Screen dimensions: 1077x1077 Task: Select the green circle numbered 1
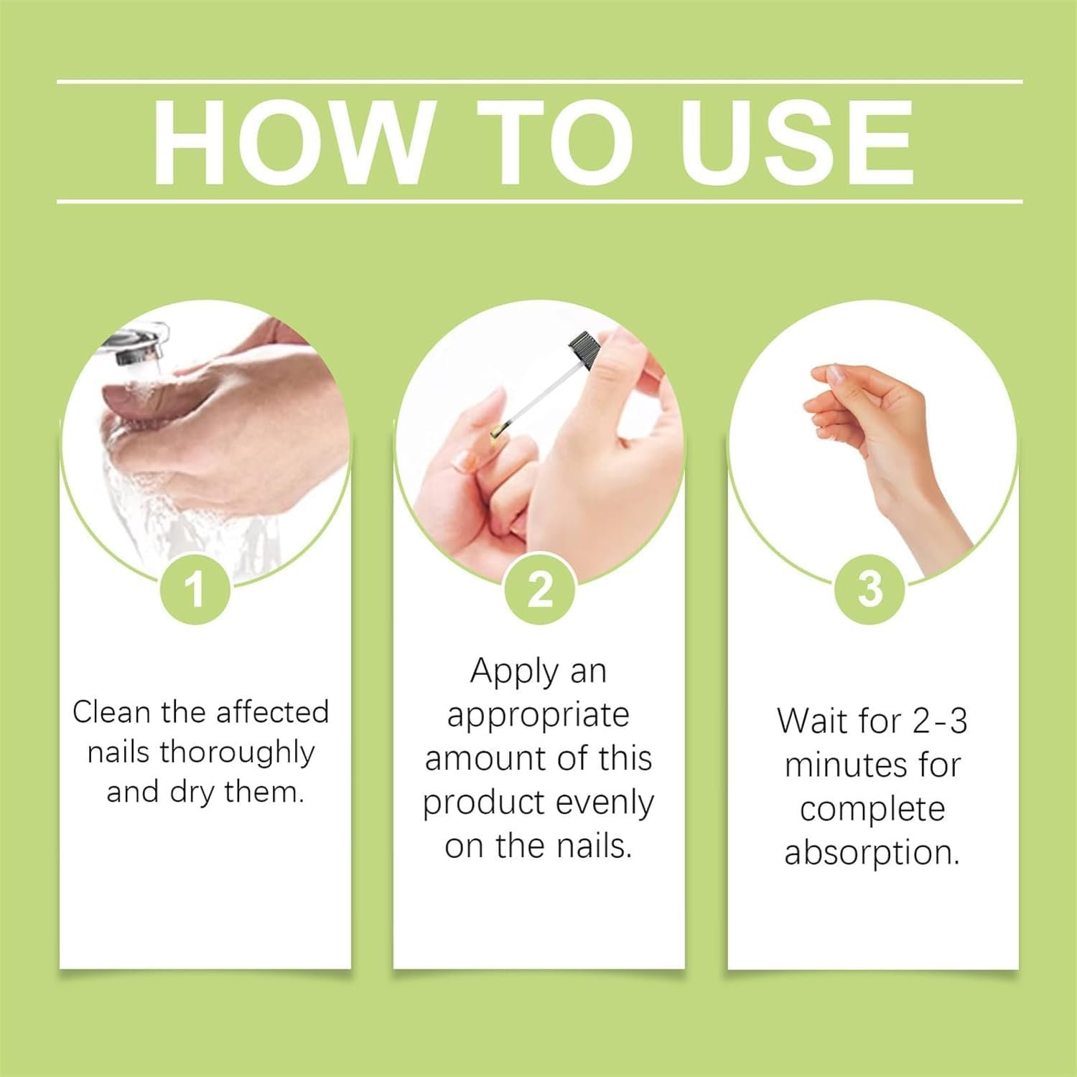195,589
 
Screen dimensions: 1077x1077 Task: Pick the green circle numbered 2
539,589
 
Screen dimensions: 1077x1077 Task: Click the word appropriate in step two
538,716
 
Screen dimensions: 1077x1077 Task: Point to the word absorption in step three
872,853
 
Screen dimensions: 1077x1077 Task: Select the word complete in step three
872,810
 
